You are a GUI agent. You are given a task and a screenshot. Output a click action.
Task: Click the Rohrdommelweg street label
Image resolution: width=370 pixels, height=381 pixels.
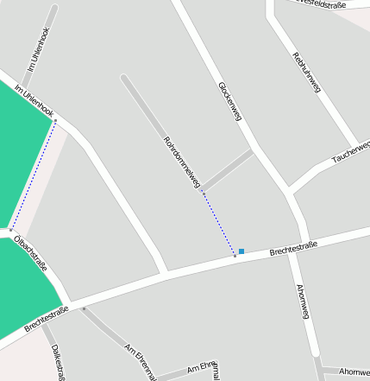[x=182, y=162]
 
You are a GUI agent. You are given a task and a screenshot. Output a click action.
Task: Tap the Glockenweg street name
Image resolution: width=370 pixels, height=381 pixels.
[x=229, y=101]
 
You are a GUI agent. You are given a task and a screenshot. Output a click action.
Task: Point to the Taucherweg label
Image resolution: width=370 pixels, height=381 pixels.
[x=351, y=152]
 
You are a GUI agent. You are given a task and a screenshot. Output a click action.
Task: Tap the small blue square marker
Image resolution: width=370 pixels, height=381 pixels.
[x=241, y=251]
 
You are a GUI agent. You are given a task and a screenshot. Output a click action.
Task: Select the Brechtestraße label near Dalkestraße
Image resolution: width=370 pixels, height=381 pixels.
[x=46, y=319]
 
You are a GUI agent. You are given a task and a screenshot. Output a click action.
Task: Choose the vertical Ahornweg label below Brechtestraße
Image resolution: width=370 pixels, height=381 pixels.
[x=302, y=302]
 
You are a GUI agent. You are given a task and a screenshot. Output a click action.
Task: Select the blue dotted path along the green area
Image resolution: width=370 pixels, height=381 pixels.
[x=34, y=175]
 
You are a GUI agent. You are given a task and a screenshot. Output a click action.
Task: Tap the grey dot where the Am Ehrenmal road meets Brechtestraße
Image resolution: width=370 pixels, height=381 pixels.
[x=84, y=308]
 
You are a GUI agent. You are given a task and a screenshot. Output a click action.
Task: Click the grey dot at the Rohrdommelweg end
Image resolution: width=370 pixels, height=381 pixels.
[x=203, y=192]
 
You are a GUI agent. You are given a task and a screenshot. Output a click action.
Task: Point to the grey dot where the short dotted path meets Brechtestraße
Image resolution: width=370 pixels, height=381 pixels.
[x=235, y=256]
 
